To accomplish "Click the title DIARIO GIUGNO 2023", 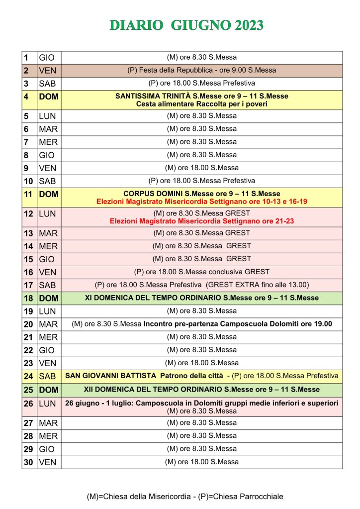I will [186, 25].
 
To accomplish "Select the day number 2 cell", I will [29, 71].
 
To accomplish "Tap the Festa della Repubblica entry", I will [201, 70].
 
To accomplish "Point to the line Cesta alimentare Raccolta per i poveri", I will [201, 104].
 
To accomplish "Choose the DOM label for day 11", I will [49, 195].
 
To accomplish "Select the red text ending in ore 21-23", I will [201, 220].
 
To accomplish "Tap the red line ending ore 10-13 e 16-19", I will [201, 202].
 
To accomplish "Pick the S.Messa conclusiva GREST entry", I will [201, 272].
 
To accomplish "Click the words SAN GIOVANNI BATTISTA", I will [104, 376].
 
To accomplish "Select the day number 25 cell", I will [29, 390].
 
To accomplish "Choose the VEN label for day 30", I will [48, 462].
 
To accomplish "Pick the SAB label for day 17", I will [48, 286].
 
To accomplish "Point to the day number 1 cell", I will [29, 58].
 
